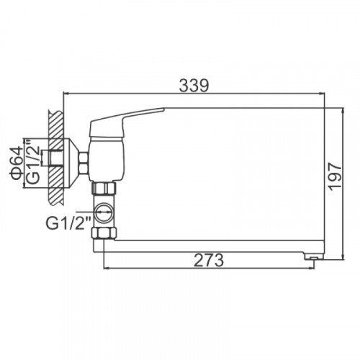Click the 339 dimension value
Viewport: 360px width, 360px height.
pyautogui.click(x=194, y=85)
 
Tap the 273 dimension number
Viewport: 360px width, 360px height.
pyautogui.click(x=209, y=260)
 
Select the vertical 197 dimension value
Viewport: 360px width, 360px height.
pyautogui.click(x=335, y=176)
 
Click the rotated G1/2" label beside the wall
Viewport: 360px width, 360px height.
pyautogui.click(x=33, y=163)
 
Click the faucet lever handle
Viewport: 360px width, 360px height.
pyautogui.click(x=127, y=122)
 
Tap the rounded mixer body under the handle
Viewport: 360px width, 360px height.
pyautogui.click(x=107, y=160)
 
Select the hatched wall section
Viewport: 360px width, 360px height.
pyautogui.click(x=55, y=158)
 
